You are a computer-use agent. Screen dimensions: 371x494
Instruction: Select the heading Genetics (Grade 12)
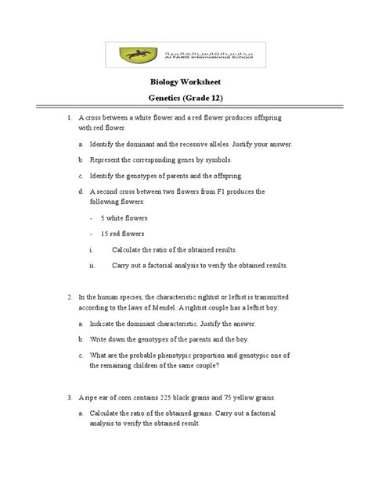pos(185,101)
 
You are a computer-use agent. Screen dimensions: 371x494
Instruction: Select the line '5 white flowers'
pos(124,217)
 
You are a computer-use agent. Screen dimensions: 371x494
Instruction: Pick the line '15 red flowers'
pos(123,234)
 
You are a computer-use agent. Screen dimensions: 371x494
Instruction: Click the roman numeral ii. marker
pos(92,266)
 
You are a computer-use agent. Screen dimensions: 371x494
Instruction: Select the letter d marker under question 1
pos(81,191)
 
